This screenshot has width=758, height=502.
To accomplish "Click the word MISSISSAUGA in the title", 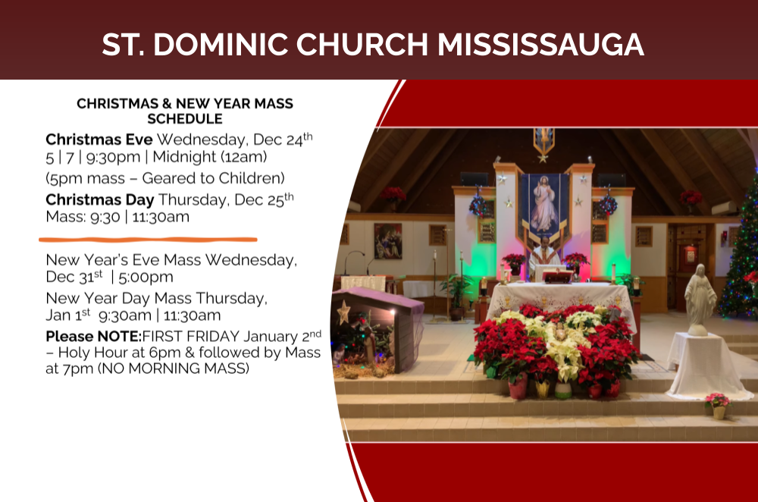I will pyautogui.click(x=540, y=45).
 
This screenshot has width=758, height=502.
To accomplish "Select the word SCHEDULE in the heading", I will pyautogui.click(x=185, y=119).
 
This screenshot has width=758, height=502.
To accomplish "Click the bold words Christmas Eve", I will pyautogui.click(x=99, y=140).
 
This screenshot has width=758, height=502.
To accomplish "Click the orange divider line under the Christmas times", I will pyautogui.click(x=148, y=239).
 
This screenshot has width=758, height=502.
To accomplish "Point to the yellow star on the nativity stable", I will pyautogui.click(x=343, y=311).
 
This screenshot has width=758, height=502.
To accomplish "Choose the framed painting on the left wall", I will pyautogui.click(x=387, y=240).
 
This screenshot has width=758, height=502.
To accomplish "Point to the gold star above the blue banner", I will pyautogui.click(x=543, y=157).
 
